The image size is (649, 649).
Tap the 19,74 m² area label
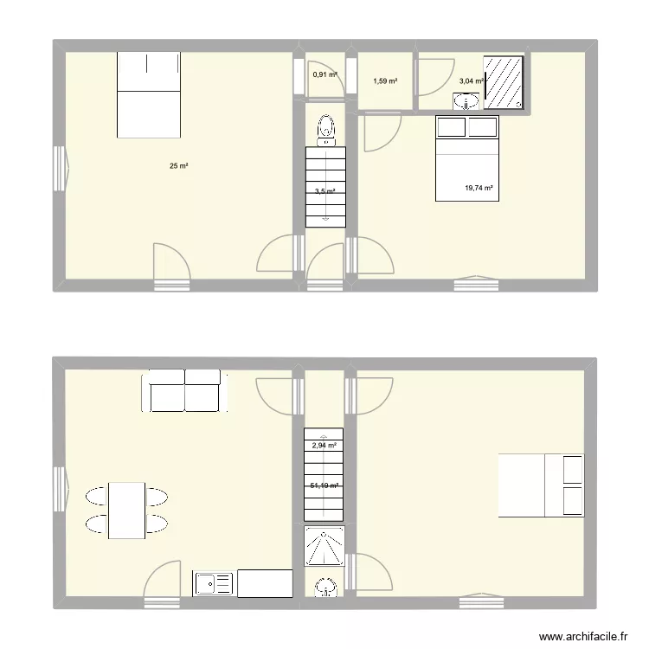(x=479, y=188)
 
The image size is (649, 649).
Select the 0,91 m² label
(x=324, y=74)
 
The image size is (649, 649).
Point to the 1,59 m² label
(x=385, y=81)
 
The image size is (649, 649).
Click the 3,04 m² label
(x=471, y=80)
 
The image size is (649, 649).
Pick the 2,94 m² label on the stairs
(x=324, y=446)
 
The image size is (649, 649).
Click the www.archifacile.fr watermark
(x=582, y=636)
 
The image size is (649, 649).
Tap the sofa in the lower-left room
(x=184, y=390)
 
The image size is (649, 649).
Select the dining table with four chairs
(x=126, y=511)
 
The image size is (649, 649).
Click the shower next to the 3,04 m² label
(x=504, y=82)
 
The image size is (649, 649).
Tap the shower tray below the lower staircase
(x=324, y=547)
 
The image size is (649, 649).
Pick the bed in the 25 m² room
(x=148, y=93)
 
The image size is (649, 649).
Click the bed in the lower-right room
(x=541, y=485)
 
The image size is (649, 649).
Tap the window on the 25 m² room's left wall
(x=61, y=168)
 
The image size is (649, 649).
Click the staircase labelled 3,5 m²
(x=325, y=187)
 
